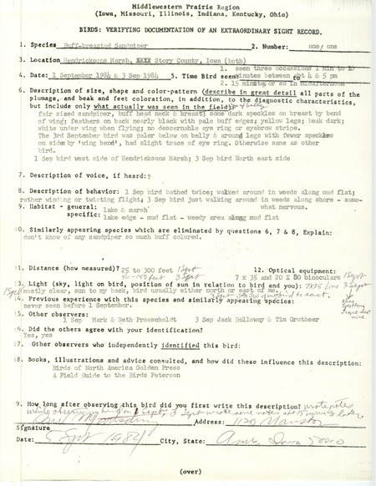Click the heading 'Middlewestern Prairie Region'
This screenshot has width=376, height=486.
coord(188,6)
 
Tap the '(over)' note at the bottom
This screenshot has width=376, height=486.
coord(188,474)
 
